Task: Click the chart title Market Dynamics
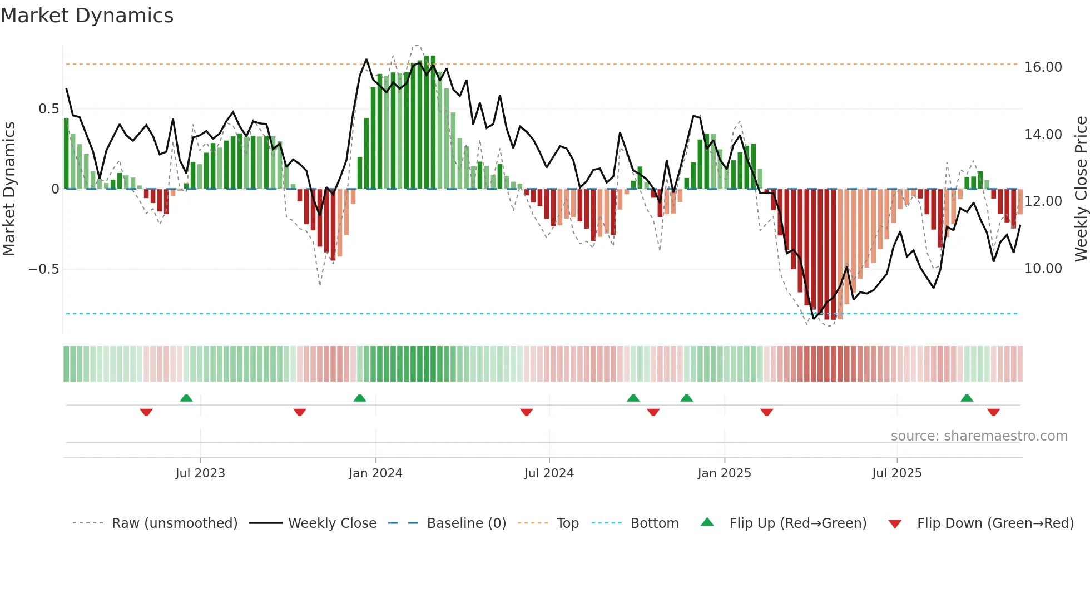pyautogui.click(x=87, y=16)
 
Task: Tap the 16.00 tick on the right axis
pyautogui.click(x=1043, y=67)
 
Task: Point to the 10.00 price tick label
pyautogui.click(x=1043, y=269)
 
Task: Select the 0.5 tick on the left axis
pyautogui.click(x=48, y=109)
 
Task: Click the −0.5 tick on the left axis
pyautogui.click(x=44, y=269)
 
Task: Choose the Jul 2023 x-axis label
pyautogui.click(x=200, y=473)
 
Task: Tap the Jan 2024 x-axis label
pyautogui.click(x=375, y=473)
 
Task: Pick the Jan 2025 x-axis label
pyautogui.click(x=724, y=473)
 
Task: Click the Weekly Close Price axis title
pyautogui.click(x=1081, y=189)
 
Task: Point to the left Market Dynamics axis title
pyautogui.click(x=9, y=189)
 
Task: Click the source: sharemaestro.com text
pyautogui.click(x=979, y=436)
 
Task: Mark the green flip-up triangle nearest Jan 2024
pyautogui.click(x=360, y=398)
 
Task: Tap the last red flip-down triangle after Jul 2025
pyautogui.click(x=993, y=412)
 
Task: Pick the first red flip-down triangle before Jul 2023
pyautogui.click(x=146, y=412)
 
